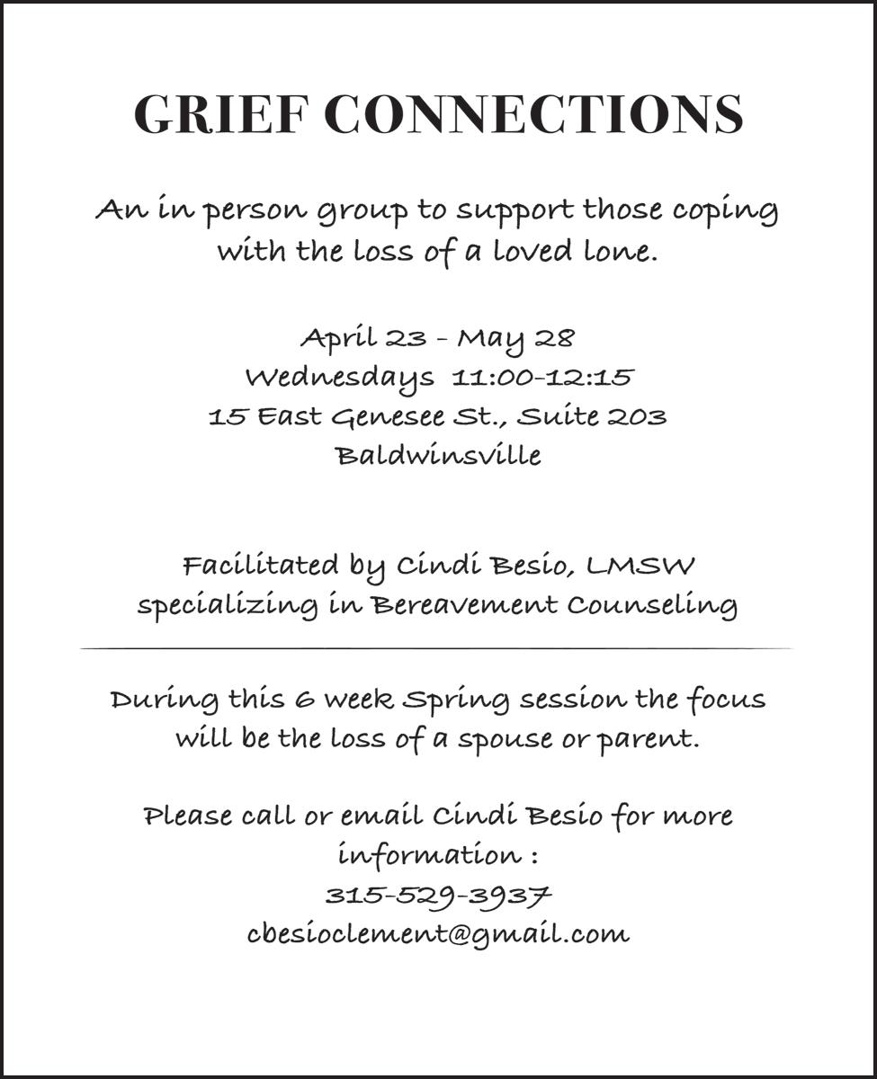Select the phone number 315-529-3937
[438, 896]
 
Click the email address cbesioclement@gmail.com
[438, 934]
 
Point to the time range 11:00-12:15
[542, 377]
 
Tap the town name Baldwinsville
[439, 455]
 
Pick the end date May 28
[515, 339]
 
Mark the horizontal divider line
[438, 648]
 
